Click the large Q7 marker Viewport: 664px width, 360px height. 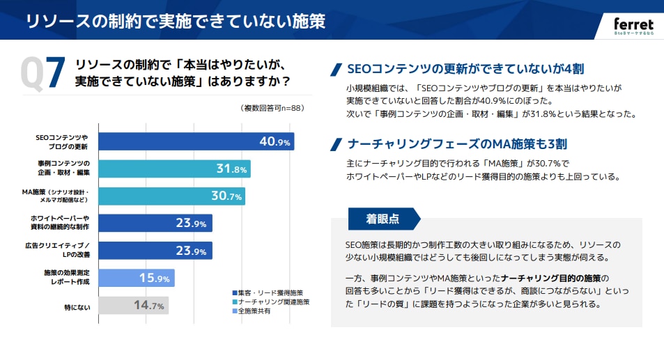coord(43,73)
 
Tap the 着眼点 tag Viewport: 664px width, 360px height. coord(383,219)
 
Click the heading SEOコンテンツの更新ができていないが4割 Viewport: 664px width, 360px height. coord(465,69)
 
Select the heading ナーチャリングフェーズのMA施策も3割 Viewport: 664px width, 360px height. coord(456,144)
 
